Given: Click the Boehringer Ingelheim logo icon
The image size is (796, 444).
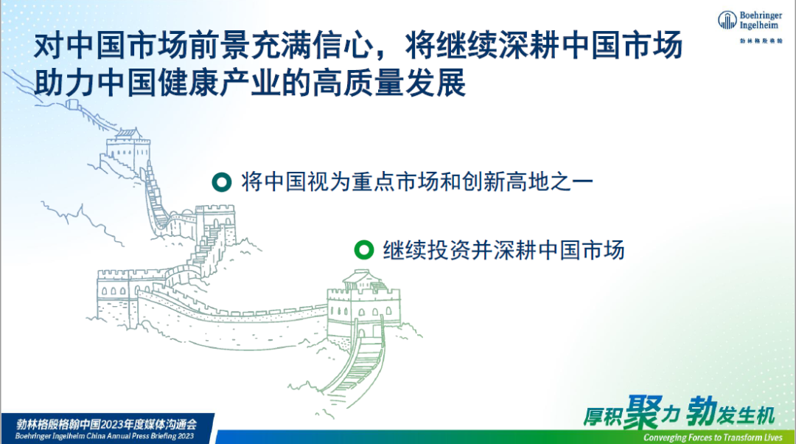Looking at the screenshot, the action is point(727,21).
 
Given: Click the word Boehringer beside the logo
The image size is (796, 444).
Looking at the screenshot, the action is point(761,15).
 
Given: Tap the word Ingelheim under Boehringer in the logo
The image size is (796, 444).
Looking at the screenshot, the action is point(758,25).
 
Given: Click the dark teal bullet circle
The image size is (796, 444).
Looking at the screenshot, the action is point(222,182).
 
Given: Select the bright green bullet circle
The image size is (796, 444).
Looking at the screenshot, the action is point(363,249).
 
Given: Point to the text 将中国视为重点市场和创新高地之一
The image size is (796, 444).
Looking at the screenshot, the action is point(416,181).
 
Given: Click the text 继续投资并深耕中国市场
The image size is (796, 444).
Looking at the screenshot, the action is point(503,250).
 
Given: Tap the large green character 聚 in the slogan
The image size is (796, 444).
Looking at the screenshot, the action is point(643,412).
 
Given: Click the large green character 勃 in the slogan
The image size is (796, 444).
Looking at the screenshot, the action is point(702,412).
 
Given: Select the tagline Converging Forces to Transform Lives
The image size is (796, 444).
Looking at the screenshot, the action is point(713,437).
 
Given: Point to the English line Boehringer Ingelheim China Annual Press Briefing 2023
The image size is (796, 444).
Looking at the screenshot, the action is point(105,436).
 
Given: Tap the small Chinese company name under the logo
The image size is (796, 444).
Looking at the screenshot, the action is point(761,41).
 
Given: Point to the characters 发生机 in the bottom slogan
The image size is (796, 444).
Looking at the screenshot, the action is point(746,415).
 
